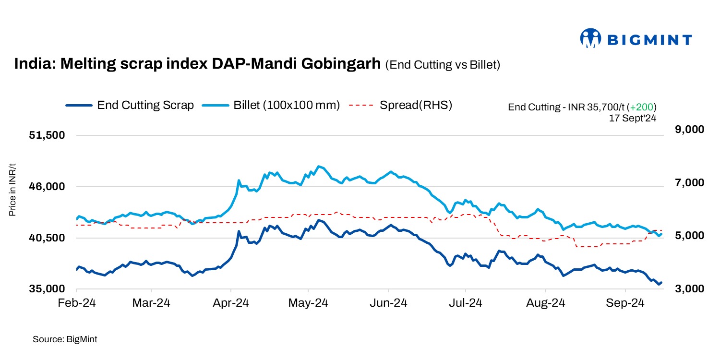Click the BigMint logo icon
pos(591,38)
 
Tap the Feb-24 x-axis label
pos(76,303)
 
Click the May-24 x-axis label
pos(308,303)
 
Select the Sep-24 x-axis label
pos(625,303)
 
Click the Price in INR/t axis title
pos(13,190)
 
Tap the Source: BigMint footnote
pos(65,339)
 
